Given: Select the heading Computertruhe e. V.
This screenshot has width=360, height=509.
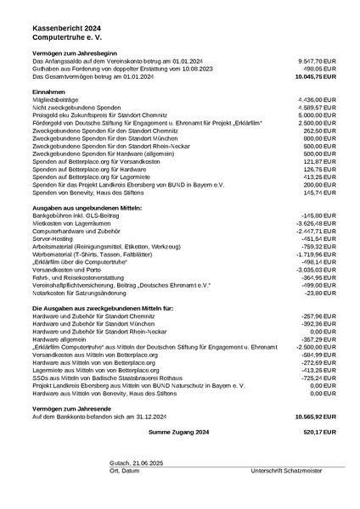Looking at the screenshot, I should (x=68, y=39).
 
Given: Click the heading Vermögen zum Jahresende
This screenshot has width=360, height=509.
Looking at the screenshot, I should (x=72, y=408).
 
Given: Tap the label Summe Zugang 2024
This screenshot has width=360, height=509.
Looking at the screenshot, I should (x=178, y=432).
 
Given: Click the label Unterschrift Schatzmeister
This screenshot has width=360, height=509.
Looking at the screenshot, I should (x=286, y=470).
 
